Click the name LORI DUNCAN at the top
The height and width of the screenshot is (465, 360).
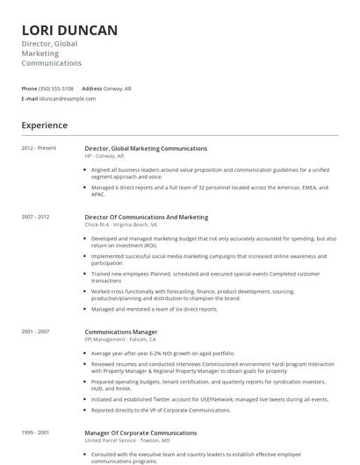(69, 31)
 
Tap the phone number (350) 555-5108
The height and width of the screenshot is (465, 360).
(56, 89)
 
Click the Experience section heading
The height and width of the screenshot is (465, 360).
(45, 125)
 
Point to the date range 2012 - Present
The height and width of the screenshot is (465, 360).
(39, 148)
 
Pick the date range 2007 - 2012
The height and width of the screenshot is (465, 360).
(35, 217)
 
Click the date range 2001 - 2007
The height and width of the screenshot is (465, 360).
(35, 332)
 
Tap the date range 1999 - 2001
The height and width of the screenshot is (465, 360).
(35, 433)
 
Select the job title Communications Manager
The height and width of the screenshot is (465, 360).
(121, 332)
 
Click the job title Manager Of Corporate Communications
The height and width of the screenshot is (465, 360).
(140, 433)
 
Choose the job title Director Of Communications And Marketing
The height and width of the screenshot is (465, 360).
(147, 217)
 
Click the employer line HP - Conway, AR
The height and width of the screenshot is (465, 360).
(105, 156)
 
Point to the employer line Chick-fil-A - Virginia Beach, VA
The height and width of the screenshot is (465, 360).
(121, 225)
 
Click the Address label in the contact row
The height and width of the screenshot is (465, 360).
(91, 89)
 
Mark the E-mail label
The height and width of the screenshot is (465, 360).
(30, 98)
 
